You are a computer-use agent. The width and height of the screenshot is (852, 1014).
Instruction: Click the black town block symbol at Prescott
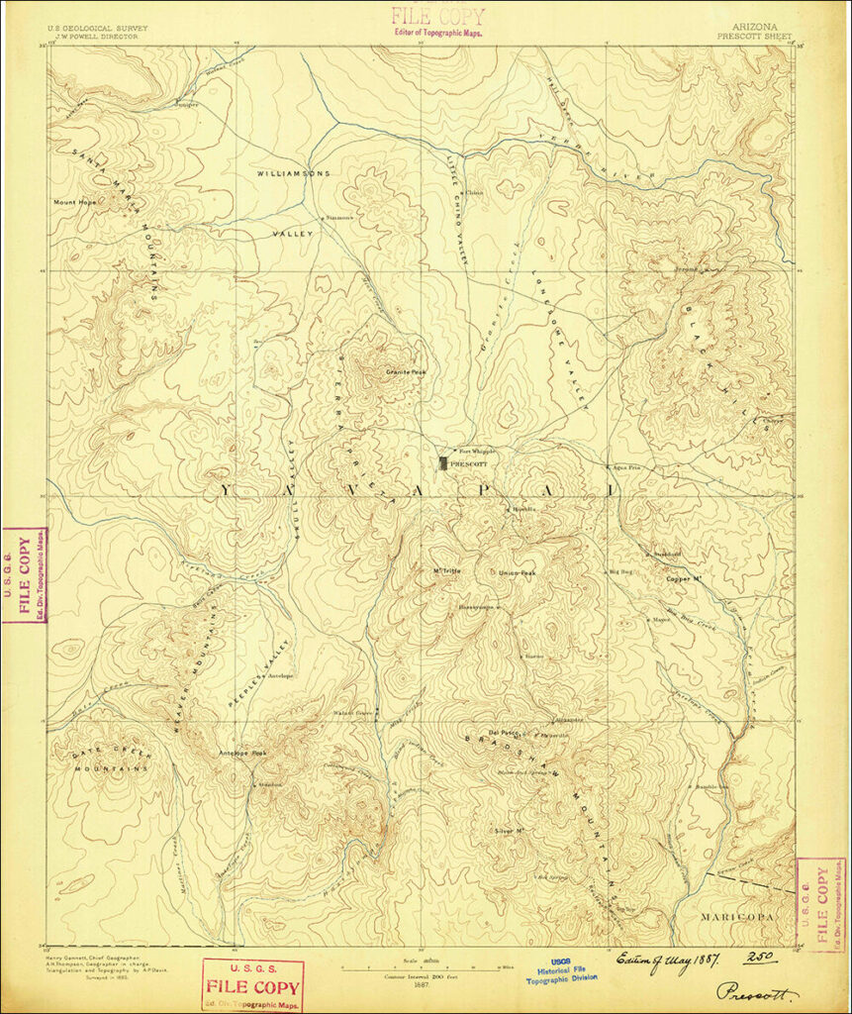tap(442, 462)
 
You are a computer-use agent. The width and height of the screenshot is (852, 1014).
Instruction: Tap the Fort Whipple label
tap(476, 451)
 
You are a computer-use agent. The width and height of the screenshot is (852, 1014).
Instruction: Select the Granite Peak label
tap(405, 372)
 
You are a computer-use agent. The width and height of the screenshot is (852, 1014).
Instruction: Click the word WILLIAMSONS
tap(293, 173)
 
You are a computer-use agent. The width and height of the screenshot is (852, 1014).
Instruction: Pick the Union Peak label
tap(516, 573)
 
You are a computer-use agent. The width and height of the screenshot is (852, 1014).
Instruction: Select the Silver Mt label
tap(508, 830)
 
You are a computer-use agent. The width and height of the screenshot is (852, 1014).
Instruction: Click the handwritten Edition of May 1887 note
tap(668, 959)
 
